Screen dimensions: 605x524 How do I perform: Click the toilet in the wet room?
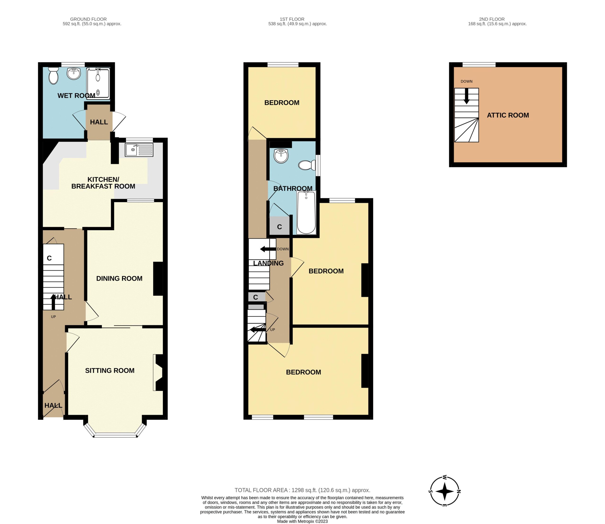click(53, 75)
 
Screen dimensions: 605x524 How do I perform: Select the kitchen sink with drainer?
click(139, 150)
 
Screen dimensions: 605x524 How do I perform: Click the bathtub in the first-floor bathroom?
click(306, 212)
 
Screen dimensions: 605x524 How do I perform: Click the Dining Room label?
click(119, 279)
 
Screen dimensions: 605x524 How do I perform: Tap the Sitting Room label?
click(110, 370)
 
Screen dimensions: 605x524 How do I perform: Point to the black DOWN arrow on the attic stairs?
click(467, 96)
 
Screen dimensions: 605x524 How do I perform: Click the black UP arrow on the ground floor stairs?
click(53, 302)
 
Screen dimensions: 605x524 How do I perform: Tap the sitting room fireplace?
click(158, 373)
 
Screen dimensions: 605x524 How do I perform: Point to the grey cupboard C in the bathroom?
click(279, 226)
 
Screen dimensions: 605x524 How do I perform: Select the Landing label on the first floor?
click(268, 263)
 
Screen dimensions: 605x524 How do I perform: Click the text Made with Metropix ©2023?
click(302, 521)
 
